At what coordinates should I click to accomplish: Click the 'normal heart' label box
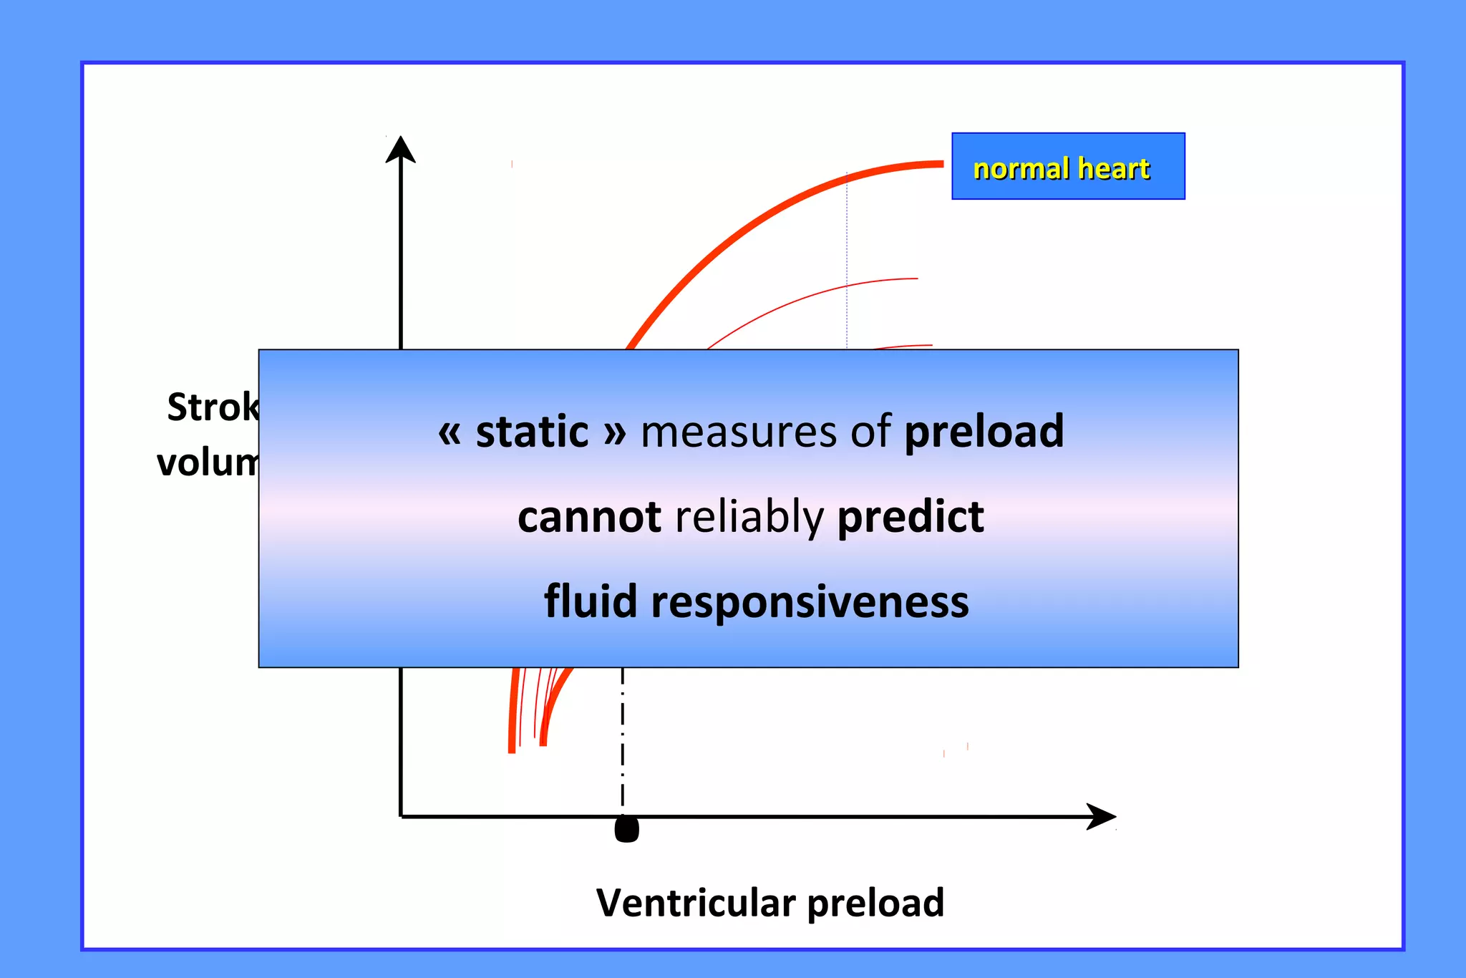[1067, 166]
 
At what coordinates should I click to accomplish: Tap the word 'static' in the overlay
[532, 432]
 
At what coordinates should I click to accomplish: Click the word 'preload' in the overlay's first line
[984, 432]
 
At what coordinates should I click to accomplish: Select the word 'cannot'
[589, 517]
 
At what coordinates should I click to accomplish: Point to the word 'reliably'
[749, 518]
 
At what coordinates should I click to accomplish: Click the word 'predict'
[911, 518]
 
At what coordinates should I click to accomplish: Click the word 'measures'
[738, 433]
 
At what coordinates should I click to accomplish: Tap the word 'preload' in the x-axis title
[875, 904]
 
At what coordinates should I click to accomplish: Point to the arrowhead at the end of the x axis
[1101, 816]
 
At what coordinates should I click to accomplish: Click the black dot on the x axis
[626, 829]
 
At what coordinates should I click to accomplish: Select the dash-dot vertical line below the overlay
[623, 737]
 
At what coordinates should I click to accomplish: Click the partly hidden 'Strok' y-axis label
[213, 407]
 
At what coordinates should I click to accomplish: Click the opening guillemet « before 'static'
[449, 433]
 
